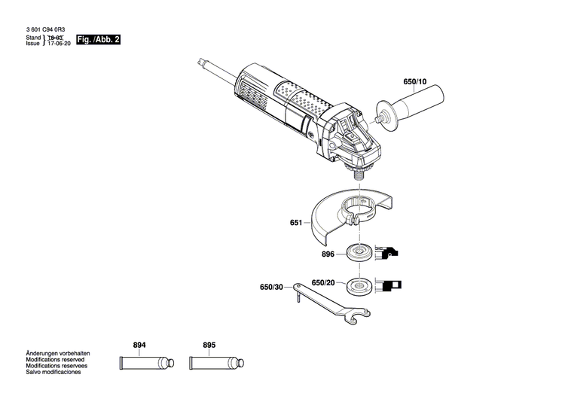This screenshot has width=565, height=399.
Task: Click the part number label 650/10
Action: tap(414, 81)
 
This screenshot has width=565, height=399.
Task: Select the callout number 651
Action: tap(295, 223)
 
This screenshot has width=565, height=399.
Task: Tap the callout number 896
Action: tap(327, 254)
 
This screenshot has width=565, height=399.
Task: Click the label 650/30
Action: tap(272, 287)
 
